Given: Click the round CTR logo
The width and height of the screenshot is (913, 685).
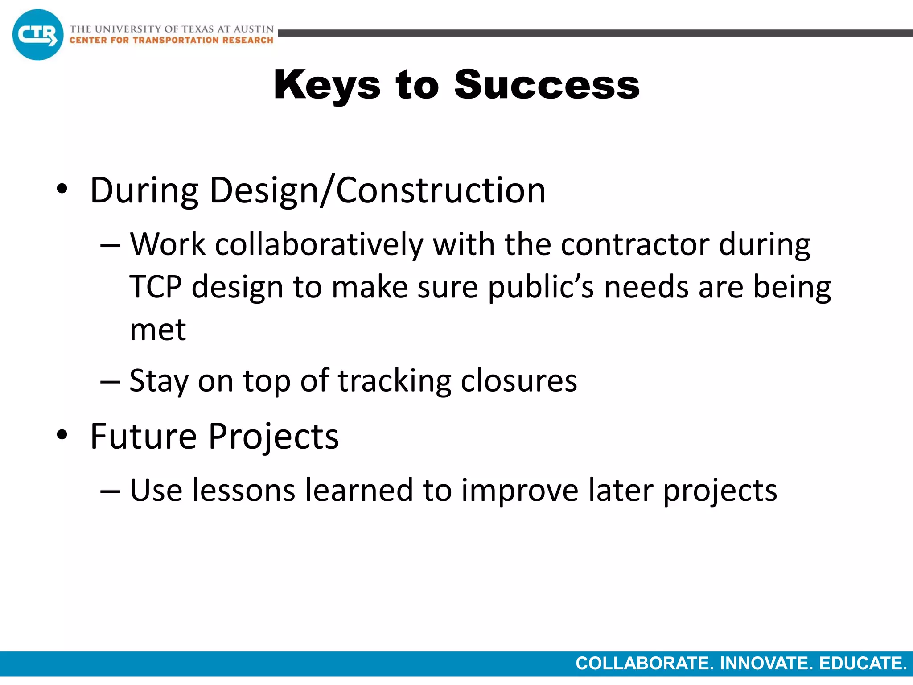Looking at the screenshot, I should tap(38, 35).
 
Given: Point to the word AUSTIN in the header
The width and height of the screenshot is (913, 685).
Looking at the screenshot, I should tap(254, 29).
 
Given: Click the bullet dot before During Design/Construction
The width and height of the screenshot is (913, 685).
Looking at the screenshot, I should tap(62, 189).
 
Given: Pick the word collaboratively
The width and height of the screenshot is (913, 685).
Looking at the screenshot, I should tap(319, 245).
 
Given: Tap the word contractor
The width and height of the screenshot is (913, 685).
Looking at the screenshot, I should tap(635, 245).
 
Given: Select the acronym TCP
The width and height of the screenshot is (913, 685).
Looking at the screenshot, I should tap(156, 287).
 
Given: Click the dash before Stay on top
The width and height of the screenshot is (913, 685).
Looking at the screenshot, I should tap(110, 382).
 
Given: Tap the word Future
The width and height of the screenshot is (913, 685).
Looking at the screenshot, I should tap(143, 436).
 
